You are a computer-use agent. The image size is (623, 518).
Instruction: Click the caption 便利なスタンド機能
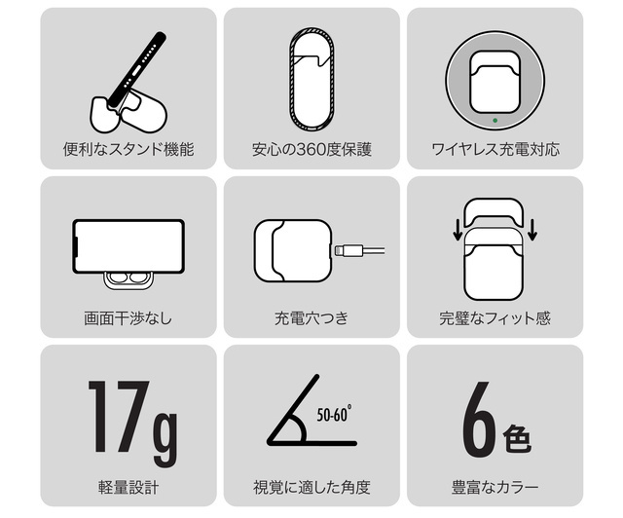pos(128,149)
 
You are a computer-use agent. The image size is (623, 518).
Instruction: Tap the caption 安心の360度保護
pos(311,149)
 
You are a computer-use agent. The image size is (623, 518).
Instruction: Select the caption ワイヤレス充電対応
pos(495,149)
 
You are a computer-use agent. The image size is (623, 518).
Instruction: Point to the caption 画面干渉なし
pos(128,318)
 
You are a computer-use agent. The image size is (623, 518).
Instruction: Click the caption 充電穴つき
pos(311,318)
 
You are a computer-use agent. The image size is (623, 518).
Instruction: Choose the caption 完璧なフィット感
pos(495,318)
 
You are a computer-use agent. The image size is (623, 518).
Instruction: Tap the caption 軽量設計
pos(128,487)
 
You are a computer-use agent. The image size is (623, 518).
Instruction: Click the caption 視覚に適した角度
pos(311,487)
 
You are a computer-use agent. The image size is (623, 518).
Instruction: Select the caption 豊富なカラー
pos(495,487)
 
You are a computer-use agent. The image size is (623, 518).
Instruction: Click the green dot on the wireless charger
pos(495,120)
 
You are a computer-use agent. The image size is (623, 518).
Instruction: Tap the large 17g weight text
pos(132,423)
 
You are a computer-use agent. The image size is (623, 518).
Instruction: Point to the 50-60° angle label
pos(334,414)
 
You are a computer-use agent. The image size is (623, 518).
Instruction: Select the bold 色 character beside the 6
pos(517,438)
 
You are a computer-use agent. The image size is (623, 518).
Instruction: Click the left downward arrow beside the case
pos(458,231)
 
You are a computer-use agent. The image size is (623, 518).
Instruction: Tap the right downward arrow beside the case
pos(532,231)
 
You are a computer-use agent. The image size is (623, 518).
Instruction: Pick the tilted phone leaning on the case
pos(137,71)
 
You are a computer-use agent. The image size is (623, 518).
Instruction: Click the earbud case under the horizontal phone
pos(128,279)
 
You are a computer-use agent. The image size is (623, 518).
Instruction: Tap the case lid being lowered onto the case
pos(494,213)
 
